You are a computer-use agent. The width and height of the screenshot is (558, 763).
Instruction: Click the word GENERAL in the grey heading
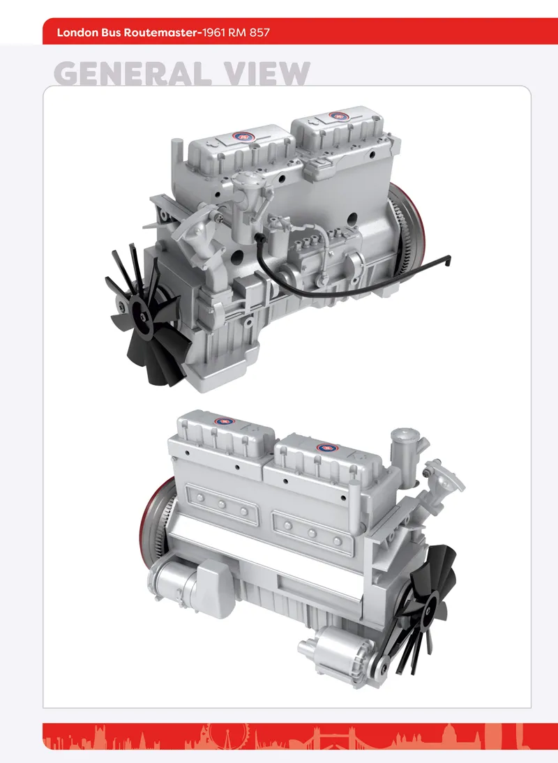point(133,73)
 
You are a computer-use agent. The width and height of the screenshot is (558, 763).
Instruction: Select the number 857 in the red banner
point(259,33)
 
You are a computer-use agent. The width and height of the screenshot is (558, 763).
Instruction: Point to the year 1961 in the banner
point(213,33)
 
